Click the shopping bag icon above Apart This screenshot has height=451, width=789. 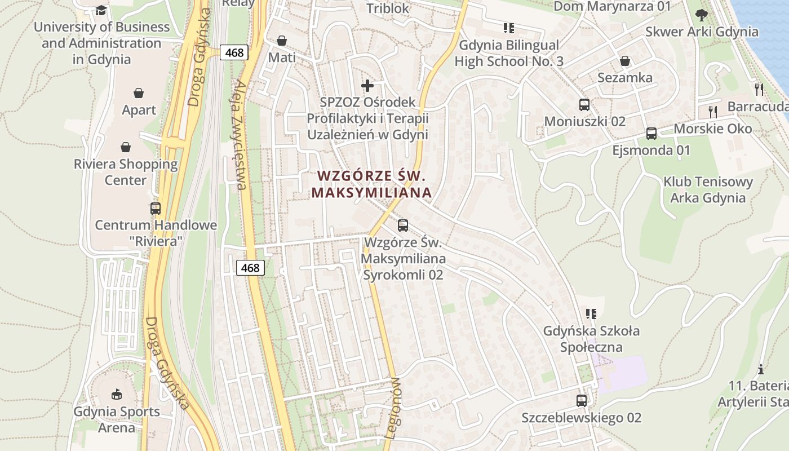click(x=139, y=93)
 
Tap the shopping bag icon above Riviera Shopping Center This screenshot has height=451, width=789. click(x=126, y=147)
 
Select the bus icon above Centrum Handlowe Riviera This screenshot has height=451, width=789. click(x=156, y=209)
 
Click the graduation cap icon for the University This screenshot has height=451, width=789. click(x=101, y=10)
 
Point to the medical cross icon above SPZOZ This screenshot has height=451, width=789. click(x=367, y=86)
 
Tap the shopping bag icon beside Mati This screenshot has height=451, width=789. click(x=282, y=41)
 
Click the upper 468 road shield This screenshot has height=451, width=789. click(x=234, y=53)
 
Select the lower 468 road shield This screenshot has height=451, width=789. click(x=250, y=268)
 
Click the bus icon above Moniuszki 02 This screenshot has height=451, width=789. click(x=584, y=105)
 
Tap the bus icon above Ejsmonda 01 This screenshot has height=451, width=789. click(x=651, y=134)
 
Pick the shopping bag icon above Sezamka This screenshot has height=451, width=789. click(x=625, y=61)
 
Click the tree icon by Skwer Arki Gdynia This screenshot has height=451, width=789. click(x=702, y=15)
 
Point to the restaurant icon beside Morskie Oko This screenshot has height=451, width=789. click(x=713, y=111)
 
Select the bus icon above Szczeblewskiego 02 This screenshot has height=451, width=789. click(x=582, y=401)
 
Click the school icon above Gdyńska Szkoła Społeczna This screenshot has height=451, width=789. click(x=591, y=314)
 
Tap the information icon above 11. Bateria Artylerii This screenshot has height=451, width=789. click(x=761, y=370)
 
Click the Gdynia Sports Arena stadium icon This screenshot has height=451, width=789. click(x=117, y=395)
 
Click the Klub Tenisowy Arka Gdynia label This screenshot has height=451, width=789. click(x=708, y=190)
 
